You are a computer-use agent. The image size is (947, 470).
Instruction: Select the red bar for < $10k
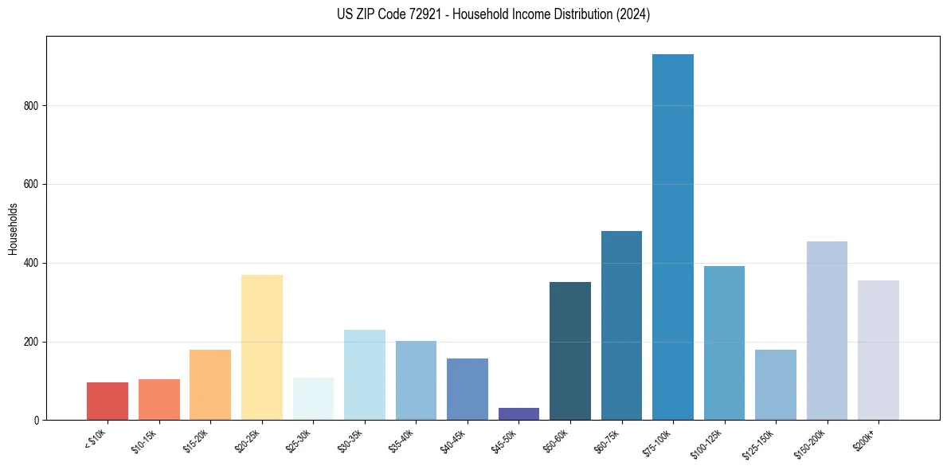(x=108, y=401)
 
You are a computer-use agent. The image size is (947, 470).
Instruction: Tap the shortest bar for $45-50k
(x=519, y=414)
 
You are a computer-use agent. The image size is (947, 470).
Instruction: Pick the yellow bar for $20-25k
(x=262, y=347)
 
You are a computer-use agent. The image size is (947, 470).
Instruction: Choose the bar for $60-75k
(x=621, y=326)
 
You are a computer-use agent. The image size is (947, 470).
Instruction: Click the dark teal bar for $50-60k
(x=570, y=351)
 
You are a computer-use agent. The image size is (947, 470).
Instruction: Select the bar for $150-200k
(x=827, y=331)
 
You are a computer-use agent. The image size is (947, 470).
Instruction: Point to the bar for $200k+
(x=879, y=351)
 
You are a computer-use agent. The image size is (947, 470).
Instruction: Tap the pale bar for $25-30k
(x=313, y=399)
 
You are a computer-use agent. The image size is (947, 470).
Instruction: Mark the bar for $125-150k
(x=776, y=385)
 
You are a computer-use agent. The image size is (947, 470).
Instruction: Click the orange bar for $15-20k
(x=210, y=385)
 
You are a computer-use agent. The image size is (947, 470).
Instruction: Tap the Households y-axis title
(x=13, y=229)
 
